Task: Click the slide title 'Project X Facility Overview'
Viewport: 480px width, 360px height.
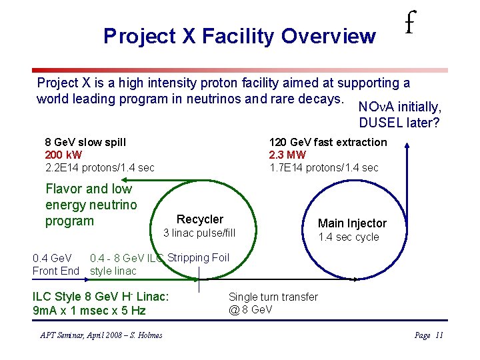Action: click(239, 36)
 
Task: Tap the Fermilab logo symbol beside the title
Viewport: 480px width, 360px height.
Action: click(411, 25)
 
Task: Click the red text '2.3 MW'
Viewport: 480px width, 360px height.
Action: click(287, 155)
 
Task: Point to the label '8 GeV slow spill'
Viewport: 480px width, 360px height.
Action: click(85, 142)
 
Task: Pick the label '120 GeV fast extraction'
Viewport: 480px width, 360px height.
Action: click(327, 142)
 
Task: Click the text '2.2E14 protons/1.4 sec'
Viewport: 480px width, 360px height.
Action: click(99, 167)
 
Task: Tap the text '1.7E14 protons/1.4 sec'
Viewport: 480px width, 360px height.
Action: click(323, 167)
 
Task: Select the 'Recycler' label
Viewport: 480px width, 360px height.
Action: click(199, 219)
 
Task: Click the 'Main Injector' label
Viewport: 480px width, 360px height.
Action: click(352, 223)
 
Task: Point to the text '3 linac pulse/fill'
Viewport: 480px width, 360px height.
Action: click(199, 233)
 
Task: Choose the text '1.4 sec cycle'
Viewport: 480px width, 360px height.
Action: click(348, 237)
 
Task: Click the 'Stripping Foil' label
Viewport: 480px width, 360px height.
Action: click(198, 258)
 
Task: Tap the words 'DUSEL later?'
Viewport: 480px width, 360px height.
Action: click(399, 123)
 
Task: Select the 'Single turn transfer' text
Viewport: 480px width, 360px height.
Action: click(273, 297)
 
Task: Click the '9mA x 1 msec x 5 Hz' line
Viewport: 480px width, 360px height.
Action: click(89, 311)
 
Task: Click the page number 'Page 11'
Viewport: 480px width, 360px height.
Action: click(429, 335)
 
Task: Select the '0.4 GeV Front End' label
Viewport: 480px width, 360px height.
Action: click(55, 265)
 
